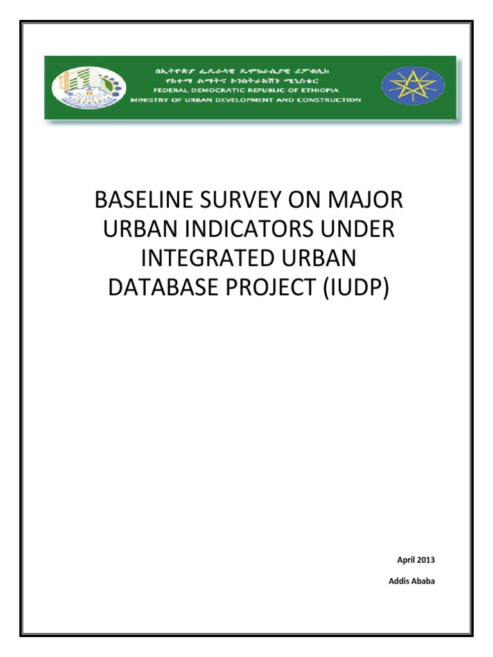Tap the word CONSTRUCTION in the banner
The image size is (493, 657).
coord(334,100)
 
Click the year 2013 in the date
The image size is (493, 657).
coord(425,560)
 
